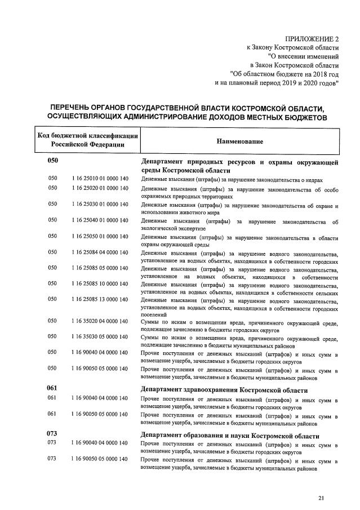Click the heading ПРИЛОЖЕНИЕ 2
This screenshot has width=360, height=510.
pos(312,38)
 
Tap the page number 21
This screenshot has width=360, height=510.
pos(321,498)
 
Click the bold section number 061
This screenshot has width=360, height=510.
pos(53,388)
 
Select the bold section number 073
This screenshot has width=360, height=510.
pos(53,434)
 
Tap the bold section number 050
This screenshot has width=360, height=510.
pos(53,161)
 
